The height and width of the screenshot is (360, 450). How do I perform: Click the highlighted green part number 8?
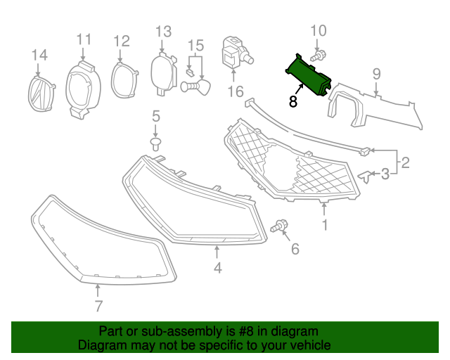309,76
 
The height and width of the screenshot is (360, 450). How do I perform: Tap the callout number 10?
319,30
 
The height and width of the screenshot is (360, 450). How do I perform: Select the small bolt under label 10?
319,55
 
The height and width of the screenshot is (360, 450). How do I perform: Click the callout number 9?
376,73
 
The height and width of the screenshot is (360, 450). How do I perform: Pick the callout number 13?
163,31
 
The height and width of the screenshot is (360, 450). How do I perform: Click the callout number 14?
39,54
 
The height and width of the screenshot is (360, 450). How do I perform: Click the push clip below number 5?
156,144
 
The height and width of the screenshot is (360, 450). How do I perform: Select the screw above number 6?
280,226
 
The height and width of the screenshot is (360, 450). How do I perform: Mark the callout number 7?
98,305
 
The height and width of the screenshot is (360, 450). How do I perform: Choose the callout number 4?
218,267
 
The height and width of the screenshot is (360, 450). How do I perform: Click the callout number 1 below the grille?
325,225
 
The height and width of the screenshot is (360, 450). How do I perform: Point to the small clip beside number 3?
364,174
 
